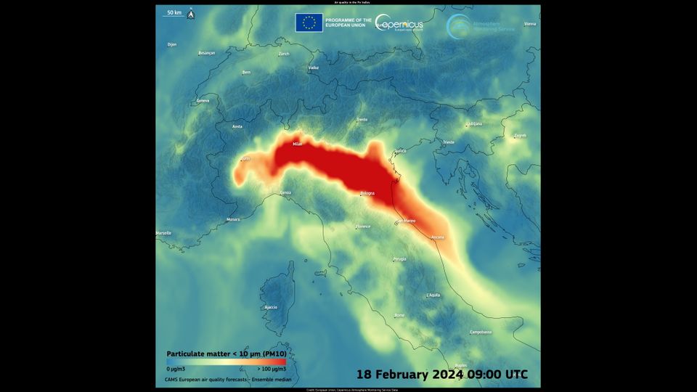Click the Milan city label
(297, 144)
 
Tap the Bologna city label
(368, 193)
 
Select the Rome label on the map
(399, 315)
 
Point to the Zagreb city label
(520, 136)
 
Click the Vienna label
(530, 24)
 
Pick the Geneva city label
(203, 101)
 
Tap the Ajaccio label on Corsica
(271, 307)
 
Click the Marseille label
(164, 233)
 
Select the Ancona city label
(438, 237)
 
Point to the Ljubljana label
(474, 123)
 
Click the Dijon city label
(172, 44)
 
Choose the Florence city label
(363, 226)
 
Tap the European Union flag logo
(309, 23)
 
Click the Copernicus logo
(400, 23)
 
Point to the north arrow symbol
(190, 14)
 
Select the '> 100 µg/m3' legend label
(271, 369)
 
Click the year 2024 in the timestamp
(450, 375)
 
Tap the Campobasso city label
(481, 332)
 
